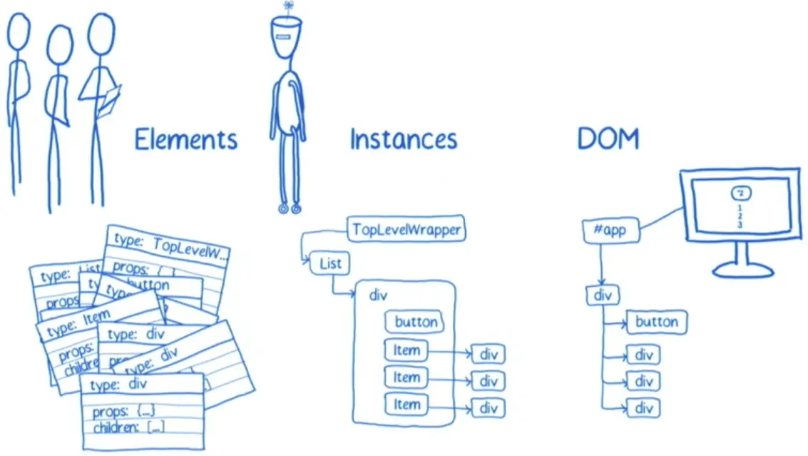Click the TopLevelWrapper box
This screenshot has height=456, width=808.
[x=406, y=230]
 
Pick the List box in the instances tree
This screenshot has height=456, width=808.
[x=330, y=264]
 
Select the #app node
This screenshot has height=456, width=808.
[x=609, y=232]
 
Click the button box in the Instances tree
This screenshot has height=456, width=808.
[x=416, y=322]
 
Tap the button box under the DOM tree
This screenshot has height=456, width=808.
[x=656, y=322]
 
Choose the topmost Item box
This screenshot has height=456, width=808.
[x=406, y=350]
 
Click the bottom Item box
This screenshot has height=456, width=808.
[x=406, y=405]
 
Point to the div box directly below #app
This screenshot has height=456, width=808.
[x=603, y=295]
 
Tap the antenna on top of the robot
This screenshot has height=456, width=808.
[x=287, y=7]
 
